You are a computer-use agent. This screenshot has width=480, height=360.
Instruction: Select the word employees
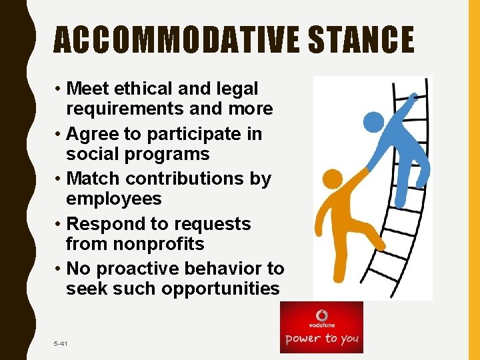[114, 199]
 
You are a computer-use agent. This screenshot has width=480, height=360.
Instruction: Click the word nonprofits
[159, 244]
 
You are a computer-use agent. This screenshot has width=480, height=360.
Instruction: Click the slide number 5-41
[61, 343]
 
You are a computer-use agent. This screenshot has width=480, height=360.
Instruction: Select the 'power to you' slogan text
[322, 339]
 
